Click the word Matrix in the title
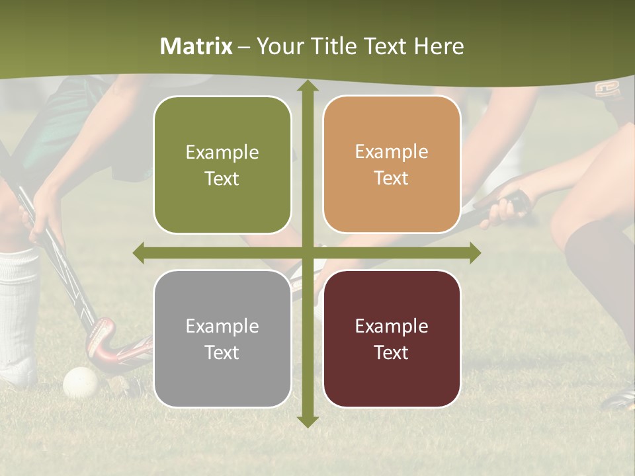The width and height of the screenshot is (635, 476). click(196, 46)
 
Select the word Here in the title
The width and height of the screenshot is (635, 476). click(439, 46)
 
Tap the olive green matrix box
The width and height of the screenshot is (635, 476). click(222, 165)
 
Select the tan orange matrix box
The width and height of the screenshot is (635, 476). click(392, 165)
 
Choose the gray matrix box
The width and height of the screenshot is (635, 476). click(222, 339)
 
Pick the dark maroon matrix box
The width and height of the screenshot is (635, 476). click(392, 339)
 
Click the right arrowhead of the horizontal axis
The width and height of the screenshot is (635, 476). click(474, 253)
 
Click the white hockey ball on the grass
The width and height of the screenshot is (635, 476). click(80, 382)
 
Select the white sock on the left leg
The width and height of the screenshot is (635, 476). click(19, 311)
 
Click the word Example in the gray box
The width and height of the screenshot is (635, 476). click(222, 326)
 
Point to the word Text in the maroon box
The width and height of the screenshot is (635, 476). click(392, 352)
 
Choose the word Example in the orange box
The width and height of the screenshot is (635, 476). click(392, 152)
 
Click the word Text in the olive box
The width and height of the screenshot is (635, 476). click(222, 178)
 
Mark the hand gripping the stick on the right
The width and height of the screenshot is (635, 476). click(506, 206)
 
